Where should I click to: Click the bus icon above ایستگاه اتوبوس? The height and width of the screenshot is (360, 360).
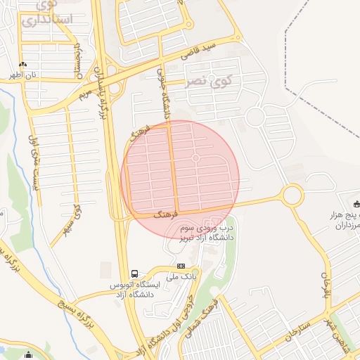pyautogui.click(x=134, y=274)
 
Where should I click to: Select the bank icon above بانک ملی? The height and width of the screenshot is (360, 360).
pyautogui.click(x=181, y=266)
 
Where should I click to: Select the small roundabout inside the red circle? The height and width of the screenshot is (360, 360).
pyautogui.click(x=195, y=158)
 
